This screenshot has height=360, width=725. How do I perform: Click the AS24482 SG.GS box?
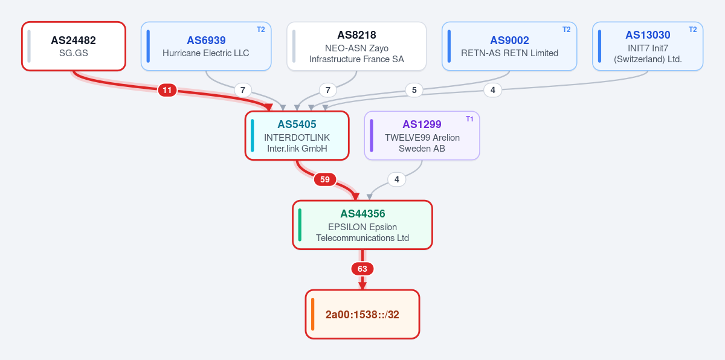(74, 47)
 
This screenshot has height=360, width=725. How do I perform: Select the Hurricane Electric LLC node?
(206, 47)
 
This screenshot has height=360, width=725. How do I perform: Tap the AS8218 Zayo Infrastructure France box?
(356, 47)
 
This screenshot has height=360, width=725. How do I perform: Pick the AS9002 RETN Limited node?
(509, 47)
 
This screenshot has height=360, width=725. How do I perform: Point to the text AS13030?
(648, 35)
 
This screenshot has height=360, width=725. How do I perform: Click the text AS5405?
(297, 124)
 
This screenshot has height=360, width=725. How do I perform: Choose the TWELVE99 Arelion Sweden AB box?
(422, 135)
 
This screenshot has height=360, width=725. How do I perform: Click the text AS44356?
(362, 213)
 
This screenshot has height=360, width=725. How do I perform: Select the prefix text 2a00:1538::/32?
(362, 314)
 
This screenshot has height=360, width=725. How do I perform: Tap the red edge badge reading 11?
(167, 90)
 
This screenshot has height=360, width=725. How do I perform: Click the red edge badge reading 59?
(325, 179)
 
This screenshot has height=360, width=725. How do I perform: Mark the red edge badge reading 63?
(362, 269)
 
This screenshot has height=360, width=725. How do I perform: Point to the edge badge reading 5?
(414, 90)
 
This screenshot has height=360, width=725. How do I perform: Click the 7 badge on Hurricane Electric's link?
(243, 90)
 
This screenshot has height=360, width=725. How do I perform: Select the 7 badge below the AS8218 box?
(328, 90)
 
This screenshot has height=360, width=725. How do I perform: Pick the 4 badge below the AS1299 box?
(396, 179)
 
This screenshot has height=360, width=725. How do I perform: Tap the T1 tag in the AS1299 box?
(469, 119)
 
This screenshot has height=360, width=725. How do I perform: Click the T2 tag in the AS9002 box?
(567, 30)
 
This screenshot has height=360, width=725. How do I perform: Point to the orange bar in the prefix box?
(313, 314)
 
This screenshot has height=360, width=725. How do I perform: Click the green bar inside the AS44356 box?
(300, 225)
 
